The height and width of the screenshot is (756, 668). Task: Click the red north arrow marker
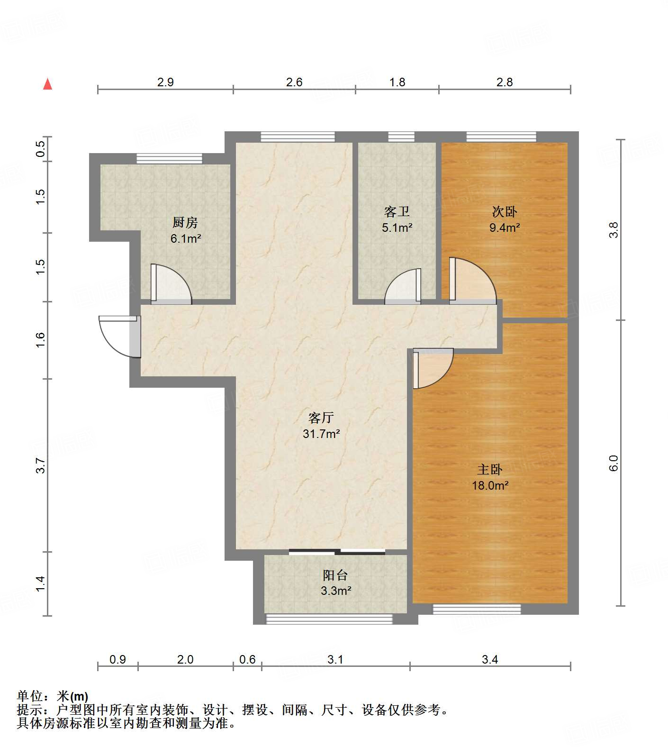(x=47, y=84)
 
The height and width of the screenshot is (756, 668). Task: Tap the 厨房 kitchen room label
(x=185, y=222)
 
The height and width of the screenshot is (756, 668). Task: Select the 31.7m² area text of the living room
(x=322, y=433)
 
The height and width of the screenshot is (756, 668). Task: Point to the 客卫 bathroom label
(x=397, y=211)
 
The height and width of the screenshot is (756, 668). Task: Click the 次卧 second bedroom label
(x=505, y=211)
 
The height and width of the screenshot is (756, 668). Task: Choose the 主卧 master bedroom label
(x=490, y=469)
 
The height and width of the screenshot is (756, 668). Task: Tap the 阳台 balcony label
(x=335, y=575)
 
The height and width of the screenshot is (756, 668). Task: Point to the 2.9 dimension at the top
(x=165, y=82)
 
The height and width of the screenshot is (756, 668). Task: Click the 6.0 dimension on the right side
(x=614, y=463)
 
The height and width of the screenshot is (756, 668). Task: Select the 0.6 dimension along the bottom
(x=247, y=659)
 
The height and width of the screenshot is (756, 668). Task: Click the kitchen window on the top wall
(x=170, y=158)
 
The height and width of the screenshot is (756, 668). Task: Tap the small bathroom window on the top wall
(x=401, y=137)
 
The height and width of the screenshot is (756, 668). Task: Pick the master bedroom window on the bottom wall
(x=477, y=609)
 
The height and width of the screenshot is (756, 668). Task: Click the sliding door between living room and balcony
(x=337, y=551)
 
